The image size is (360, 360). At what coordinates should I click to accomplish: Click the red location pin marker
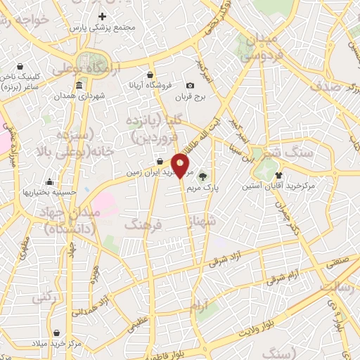(181, 165)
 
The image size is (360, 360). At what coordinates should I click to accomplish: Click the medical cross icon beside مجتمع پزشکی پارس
(103, 16)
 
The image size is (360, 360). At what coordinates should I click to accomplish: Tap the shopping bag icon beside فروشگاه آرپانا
(150, 74)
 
